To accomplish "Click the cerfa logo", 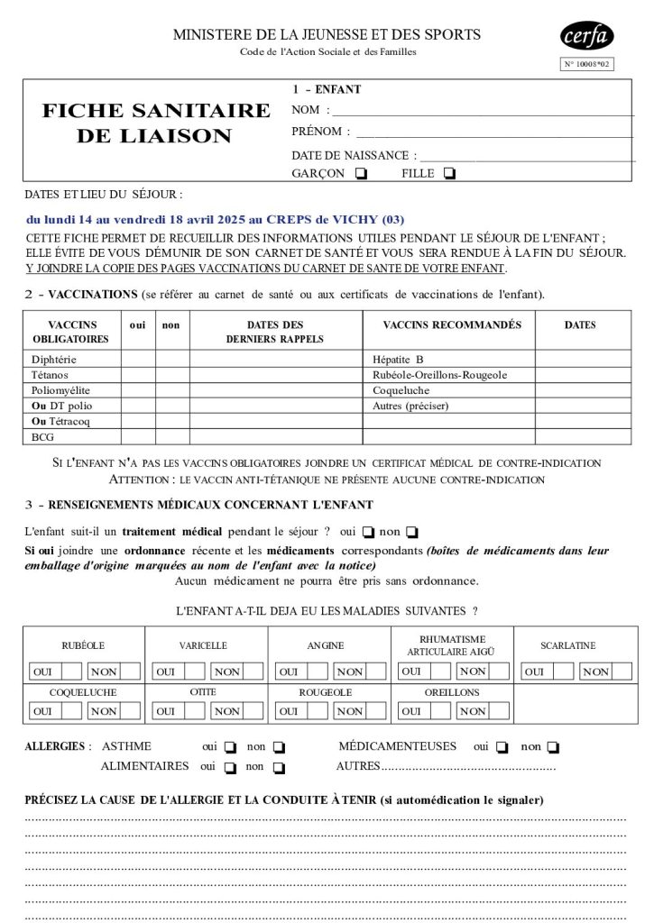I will point(587,37).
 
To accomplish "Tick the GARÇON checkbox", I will point(362,174).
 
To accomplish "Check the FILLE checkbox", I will point(450,174).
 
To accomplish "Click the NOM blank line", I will point(483,112).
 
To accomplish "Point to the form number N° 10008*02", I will point(587,64).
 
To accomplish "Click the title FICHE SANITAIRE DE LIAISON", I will point(156,123).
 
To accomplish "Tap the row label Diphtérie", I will point(54,359).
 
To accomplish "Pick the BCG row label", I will point(42,436).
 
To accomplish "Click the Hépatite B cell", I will point(398,359).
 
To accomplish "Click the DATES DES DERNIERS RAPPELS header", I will point(275,332).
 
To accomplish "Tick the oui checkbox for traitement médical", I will point(368,532).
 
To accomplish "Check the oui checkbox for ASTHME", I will point(231,747).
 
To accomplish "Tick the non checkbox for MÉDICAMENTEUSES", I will point(553,747).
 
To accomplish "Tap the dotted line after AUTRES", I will point(469,767).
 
